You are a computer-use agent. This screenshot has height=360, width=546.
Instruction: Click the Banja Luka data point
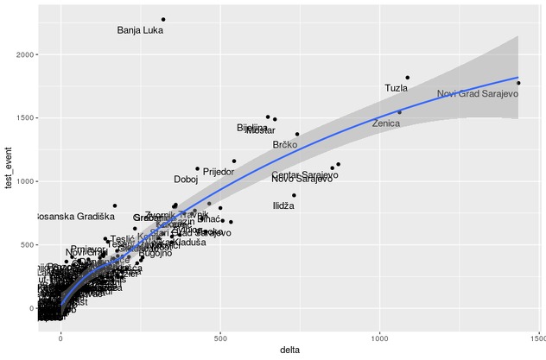coord(163,19)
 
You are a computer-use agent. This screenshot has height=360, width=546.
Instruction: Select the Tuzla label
coord(397,88)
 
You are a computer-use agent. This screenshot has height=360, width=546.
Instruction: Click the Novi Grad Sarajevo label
coord(477,94)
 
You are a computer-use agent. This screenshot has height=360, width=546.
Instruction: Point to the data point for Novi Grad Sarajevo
coord(518,83)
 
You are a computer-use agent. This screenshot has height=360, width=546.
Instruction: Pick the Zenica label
coord(386,123)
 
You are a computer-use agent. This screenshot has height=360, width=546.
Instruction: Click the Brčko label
coord(285,145)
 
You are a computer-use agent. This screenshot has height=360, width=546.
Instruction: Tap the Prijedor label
coord(219,172)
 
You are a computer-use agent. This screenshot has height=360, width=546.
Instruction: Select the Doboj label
coord(186,180)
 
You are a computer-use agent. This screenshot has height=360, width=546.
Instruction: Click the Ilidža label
coord(283,206)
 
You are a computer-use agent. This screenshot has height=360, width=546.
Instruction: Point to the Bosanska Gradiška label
coord(73,217)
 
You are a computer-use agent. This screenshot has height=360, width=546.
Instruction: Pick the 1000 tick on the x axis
coord(379,338)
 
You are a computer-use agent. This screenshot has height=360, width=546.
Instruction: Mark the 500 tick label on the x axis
coord(220,338)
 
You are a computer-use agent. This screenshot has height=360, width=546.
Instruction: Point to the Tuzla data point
coord(408,78)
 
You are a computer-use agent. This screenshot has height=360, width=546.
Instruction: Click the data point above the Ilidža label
coord(294,195)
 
